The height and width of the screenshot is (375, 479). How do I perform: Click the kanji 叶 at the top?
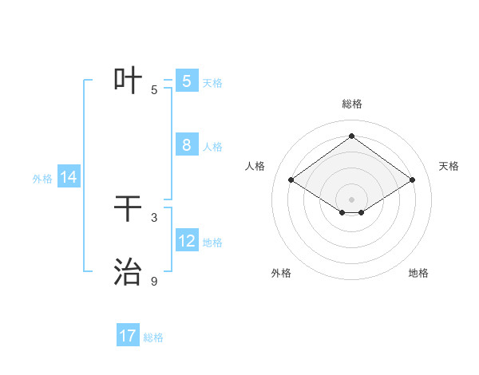[x=129, y=81]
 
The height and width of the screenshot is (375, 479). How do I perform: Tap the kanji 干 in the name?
[x=129, y=209]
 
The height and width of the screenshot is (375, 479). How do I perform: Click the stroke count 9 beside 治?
[x=154, y=281]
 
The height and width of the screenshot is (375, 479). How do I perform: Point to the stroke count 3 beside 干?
[x=154, y=217]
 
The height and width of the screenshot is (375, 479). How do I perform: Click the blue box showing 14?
[x=69, y=177]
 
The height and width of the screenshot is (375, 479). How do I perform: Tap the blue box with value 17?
[x=128, y=336]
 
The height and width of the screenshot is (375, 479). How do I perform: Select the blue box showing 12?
[x=187, y=241]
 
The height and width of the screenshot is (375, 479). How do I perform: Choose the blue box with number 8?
[x=187, y=145]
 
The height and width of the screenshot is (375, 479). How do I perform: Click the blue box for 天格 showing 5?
[x=187, y=81]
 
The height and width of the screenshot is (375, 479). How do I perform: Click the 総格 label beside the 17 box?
[x=153, y=337]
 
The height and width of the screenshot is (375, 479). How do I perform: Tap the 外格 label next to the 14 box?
[x=42, y=179]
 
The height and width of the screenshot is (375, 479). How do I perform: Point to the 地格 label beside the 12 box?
[x=212, y=243]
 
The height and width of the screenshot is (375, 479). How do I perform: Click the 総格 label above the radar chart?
[x=351, y=104]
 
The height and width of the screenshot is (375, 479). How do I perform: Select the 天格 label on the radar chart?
[x=449, y=166]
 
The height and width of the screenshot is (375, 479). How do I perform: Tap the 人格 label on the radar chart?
[x=255, y=166]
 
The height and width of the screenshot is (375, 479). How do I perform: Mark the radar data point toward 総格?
[x=351, y=136]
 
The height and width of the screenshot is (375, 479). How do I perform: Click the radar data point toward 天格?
[x=412, y=180]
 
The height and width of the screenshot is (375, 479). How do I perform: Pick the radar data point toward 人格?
[x=291, y=180]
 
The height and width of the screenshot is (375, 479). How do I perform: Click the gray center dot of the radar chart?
[x=351, y=199]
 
